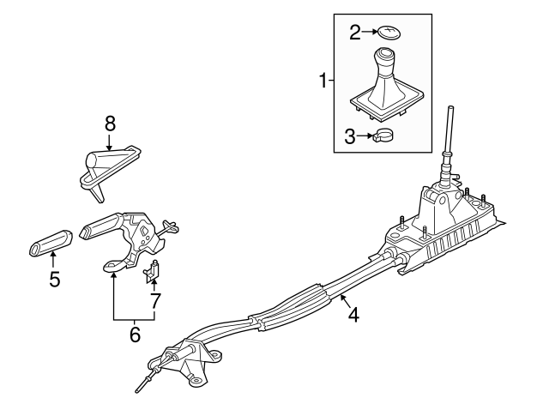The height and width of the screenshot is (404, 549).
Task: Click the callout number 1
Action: click(x=323, y=81)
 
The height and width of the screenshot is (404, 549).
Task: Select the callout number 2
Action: click(x=354, y=32)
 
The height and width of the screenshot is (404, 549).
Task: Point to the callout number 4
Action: click(x=353, y=316)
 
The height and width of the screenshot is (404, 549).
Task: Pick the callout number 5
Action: click(x=55, y=280)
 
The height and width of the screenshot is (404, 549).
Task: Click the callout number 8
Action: click(x=109, y=124)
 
